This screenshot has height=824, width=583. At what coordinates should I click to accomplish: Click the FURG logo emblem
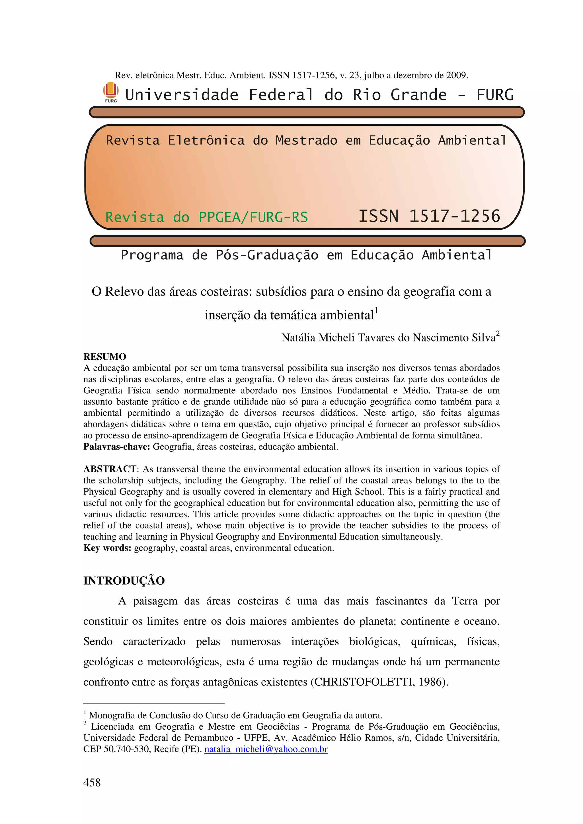pos(111,92)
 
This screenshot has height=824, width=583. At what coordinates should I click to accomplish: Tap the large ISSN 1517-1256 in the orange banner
pos(429,216)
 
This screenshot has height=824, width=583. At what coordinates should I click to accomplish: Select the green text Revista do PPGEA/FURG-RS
pos(207,217)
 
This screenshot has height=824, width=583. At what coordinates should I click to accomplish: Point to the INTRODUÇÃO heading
pos(124,580)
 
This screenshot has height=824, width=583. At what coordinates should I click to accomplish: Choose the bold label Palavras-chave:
pos(117,446)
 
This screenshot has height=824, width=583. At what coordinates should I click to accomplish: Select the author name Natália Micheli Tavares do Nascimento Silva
pos(388,338)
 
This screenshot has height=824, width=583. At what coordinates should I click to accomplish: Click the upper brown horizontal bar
pos(307,112)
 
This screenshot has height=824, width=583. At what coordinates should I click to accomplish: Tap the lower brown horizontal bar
pos(307,241)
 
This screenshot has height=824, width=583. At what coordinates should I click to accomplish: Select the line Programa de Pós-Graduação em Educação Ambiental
pos(306,255)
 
